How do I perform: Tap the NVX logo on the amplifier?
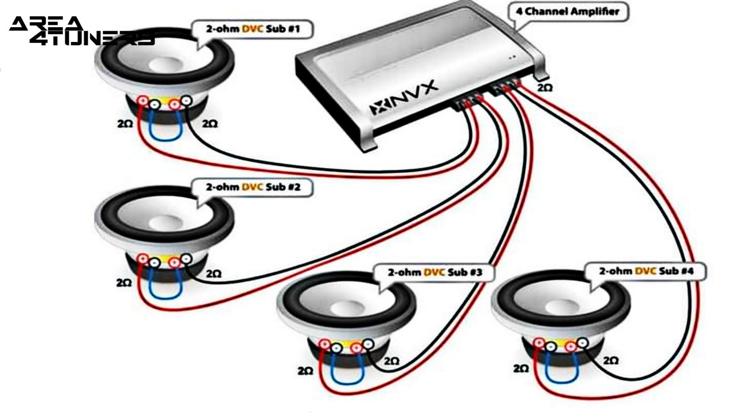(x=403, y=99)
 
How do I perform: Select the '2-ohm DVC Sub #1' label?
(x=253, y=29)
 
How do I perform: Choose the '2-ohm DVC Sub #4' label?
(x=646, y=272)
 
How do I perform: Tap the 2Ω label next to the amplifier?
(x=545, y=88)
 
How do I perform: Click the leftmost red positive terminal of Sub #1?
(x=143, y=101)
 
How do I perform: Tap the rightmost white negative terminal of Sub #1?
(x=186, y=101)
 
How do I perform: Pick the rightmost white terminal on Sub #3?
(x=368, y=344)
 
